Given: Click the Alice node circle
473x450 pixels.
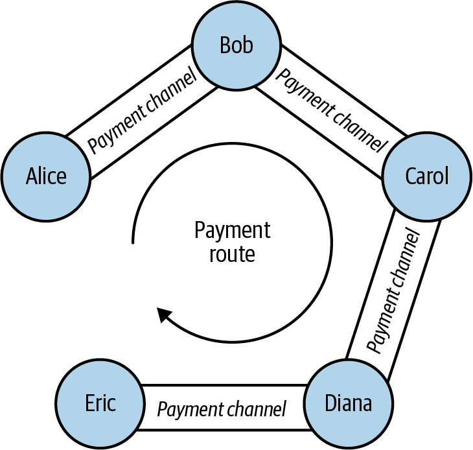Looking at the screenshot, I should click(x=46, y=177).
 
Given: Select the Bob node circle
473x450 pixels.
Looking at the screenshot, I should click(x=236, y=46).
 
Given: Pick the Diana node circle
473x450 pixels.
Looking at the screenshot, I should click(x=348, y=403).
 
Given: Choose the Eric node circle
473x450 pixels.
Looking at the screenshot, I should click(x=99, y=403).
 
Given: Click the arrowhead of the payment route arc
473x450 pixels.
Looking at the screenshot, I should click(x=165, y=316).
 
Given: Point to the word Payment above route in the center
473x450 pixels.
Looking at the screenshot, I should click(x=232, y=231).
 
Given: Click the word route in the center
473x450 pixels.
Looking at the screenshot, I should click(x=232, y=254).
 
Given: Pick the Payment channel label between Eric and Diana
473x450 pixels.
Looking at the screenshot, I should click(x=222, y=409).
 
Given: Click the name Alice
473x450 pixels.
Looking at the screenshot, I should click(x=46, y=177).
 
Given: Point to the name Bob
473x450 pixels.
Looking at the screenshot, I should click(x=236, y=46).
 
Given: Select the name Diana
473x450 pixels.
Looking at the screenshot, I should click(x=348, y=403).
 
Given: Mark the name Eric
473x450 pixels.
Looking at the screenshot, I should click(x=99, y=403).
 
